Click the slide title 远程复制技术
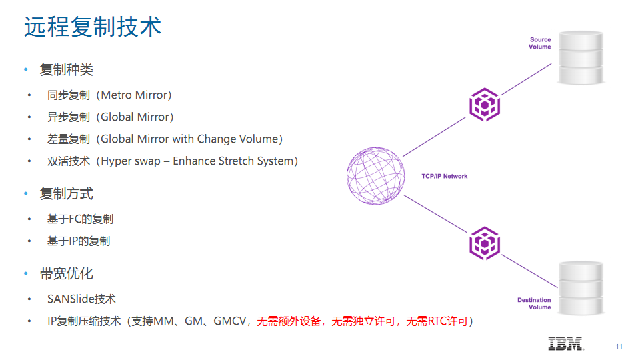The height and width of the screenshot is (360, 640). click(93, 27)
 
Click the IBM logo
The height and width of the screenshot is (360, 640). click(566, 344)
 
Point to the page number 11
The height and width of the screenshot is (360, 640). click(619, 347)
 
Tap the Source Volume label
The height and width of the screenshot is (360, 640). click(539, 43)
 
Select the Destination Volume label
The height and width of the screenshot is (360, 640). click(534, 303)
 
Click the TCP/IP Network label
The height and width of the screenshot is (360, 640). click(445, 176)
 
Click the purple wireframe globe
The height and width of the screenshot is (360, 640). click(375, 176)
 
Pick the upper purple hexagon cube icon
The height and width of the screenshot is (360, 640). click(485, 105)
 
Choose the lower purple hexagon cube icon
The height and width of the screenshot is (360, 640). click(485, 243)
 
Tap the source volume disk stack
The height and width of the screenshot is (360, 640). click(581, 58)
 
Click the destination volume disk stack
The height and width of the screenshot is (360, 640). click(581, 288)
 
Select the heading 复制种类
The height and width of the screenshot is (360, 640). click(66, 70)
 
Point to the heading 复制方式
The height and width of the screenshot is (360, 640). click(66, 194)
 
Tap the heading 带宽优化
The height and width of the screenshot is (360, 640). click(66, 274)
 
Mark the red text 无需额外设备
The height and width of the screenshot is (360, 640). click(289, 321)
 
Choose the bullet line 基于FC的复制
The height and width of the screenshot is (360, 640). click(80, 219)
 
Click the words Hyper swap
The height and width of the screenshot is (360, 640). click(131, 161)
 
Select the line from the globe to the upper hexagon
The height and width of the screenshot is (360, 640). click(434, 137)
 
